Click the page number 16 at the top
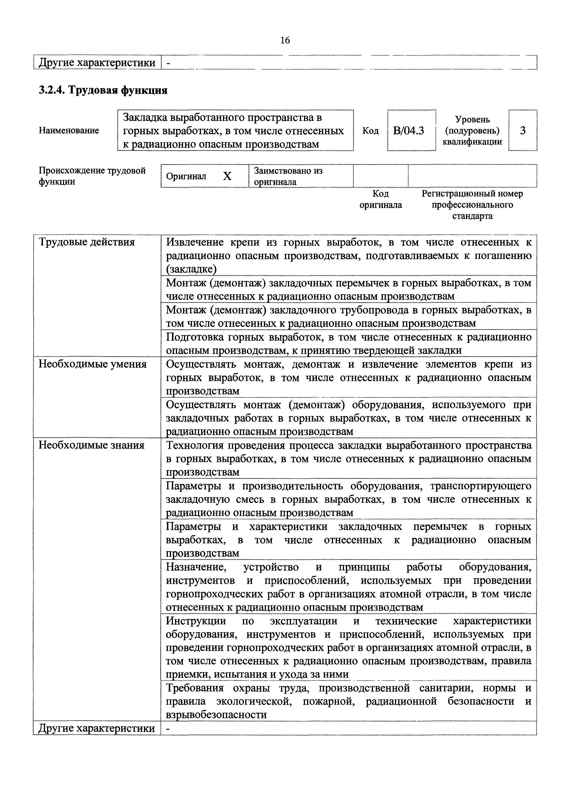click(285, 41)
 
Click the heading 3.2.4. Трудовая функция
click(103, 90)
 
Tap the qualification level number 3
click(523, 131)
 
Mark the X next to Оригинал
click(227, 176)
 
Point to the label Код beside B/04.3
click(370, 131)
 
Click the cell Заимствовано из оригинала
click(288, 176)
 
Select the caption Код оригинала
click(381, 199)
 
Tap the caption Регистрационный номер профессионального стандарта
click(472, 205)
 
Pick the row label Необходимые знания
click(91, 445)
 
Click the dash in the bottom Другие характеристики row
click(168, 729)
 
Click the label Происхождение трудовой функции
click(92, 176)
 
